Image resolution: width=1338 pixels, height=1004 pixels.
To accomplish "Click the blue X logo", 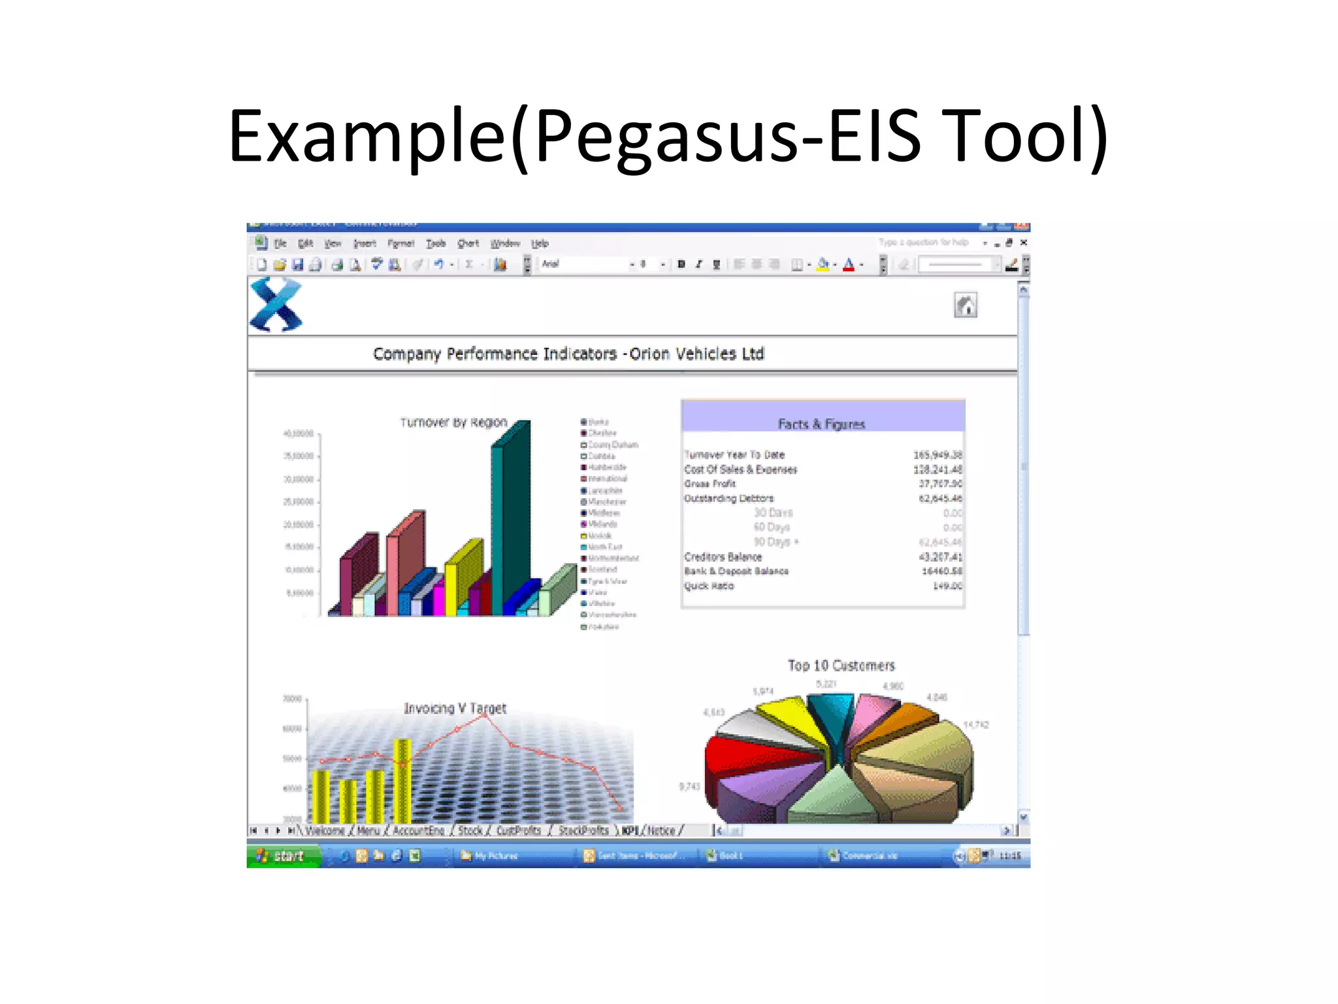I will coord(276,305).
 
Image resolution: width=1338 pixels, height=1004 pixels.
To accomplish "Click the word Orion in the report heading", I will coord(649,354).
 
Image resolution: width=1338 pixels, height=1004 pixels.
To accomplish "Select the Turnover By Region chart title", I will coord(453,422).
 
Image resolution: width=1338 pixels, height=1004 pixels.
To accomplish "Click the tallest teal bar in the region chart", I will coord(498,529).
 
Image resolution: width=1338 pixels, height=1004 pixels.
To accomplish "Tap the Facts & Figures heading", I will coord(821,424).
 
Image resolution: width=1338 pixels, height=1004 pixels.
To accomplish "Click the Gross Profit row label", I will coord(710,484).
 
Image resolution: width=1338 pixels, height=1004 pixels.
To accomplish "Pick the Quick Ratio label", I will coord(709,586).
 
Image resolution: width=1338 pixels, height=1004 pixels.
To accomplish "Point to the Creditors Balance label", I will coord(723,556).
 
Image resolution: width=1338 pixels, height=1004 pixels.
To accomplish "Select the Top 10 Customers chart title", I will coord(841,665).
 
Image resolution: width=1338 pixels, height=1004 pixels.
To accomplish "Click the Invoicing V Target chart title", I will coord(455,708).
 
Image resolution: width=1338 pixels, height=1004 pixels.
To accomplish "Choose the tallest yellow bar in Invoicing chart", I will coord(402,781).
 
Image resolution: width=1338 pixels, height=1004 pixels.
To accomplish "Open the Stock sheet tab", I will coord(470,830).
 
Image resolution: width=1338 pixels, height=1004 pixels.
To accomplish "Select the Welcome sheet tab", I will coord(325,830).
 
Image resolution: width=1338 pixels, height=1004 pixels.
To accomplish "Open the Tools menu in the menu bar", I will coord(436,243).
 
